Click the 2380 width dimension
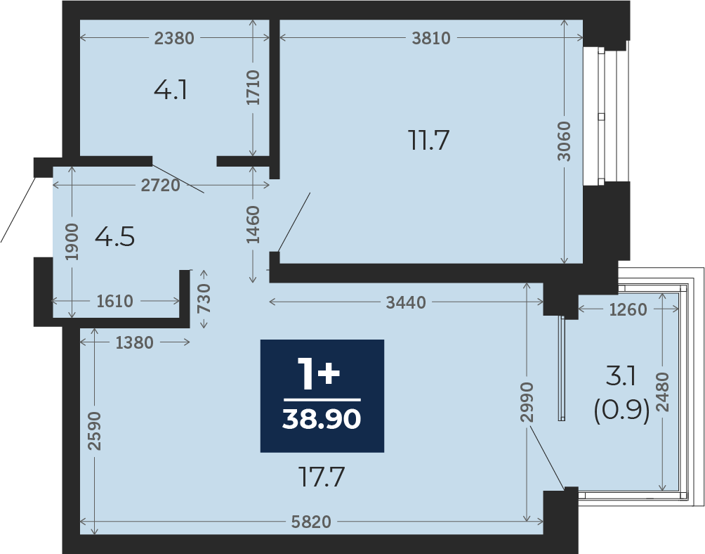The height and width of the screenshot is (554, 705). pyautogui.click(x=174, y=38)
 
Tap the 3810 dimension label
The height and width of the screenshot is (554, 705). pyautogui.click(x=431, y=38)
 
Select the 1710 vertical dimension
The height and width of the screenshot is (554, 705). pyautogui.click(x=253, y=87)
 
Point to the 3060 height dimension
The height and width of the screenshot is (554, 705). pyautogui.click(x=564, y=141)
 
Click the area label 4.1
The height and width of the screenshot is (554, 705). pyautogui.click(x=171, y=90)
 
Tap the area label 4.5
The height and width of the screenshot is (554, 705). pyautogui.click(x=114, y=237)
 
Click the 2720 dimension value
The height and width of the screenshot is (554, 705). pyautogui.click(x=161, y=185)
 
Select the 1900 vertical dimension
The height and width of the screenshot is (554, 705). pyautogui.click(x=72, y=242)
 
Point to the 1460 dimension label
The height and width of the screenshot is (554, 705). pyautogui.click(x=253, y=224)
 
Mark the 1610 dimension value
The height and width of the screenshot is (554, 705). pyautogui.click(x=114, y=301)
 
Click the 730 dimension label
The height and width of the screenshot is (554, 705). pyautogui.click(x=204, y=298)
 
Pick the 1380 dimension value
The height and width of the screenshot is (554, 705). pyautogui.click(x=134, y=343)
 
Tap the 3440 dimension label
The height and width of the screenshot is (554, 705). pyautogui.click(x=406, y=303)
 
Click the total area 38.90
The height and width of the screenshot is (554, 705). pyautogui.click(x=322, y=420)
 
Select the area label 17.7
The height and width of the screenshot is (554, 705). pyautogui.click(x=322, y=477)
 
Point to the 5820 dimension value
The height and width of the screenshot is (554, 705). pyautogui.click(x=311, y=522)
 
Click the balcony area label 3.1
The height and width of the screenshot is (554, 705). pyautogui.click(x=621, y=376)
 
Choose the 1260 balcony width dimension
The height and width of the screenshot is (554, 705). pyautogui.click(x=628, y=309)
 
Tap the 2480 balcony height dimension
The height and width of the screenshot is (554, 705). pyautogui.click(x=663, y=392)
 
